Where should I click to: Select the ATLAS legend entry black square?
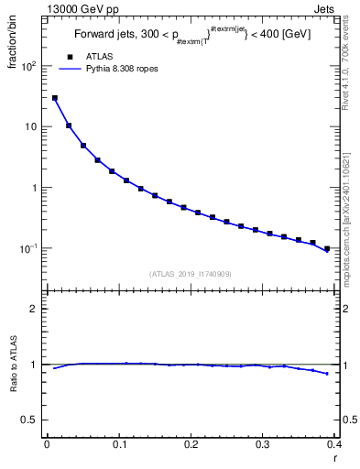[x=70, y=58]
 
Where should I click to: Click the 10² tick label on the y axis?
[x=29, y=66]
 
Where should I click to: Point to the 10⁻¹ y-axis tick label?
[x=29, y=248]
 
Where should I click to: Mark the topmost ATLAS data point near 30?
[x=55, y=97]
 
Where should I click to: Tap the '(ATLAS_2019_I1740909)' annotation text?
[x=191, y=273]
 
